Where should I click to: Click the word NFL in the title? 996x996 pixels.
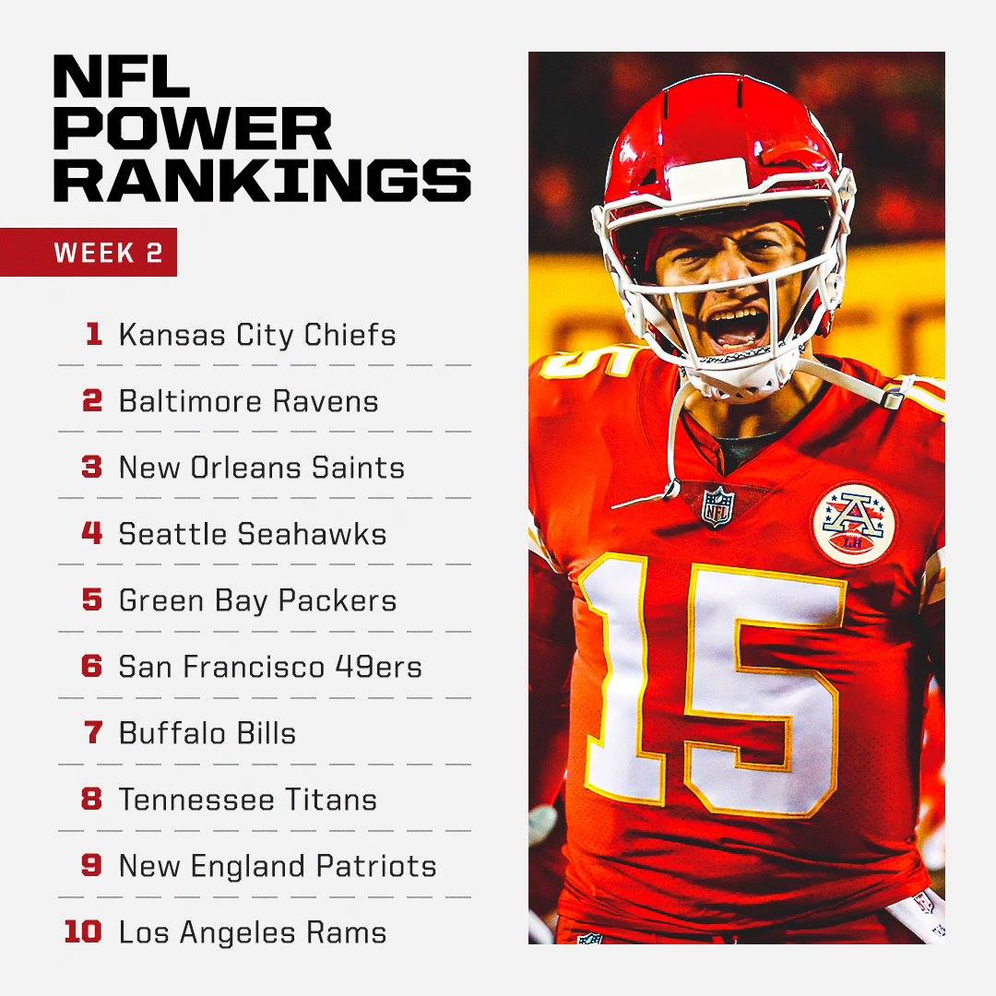click(x=122, y=77)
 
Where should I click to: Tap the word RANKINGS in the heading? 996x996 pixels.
click(x=262, y=181)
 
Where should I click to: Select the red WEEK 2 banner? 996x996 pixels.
click(x=89, y=252)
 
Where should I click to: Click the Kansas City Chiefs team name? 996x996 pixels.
click(x=257, y=335)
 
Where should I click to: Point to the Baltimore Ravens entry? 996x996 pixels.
click(x=248, y=401)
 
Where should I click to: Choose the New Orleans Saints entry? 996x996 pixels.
click(x=262, y=468)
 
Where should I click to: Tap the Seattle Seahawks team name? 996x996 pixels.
click(x=253, y=534)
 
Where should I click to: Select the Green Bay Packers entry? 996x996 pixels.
click(x=258, y=601)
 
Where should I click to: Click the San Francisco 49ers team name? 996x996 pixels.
click(x=270, y=667)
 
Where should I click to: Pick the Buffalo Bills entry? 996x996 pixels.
click(x=207, y=733)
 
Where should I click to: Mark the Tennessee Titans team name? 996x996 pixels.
click(x=248, y=800)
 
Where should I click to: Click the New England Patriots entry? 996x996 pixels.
click(x=278, y=866)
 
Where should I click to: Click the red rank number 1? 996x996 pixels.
click(x=94, y=334)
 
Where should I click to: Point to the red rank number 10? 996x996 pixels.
click(x=83, y=931)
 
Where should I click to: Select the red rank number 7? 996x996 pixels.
click(x=93, y=732)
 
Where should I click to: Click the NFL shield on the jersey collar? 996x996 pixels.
click(x=717, y=506)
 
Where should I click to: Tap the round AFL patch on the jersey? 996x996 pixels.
click(x=854, y=525)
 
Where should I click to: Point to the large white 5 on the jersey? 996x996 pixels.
click(x=763, y=690)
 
